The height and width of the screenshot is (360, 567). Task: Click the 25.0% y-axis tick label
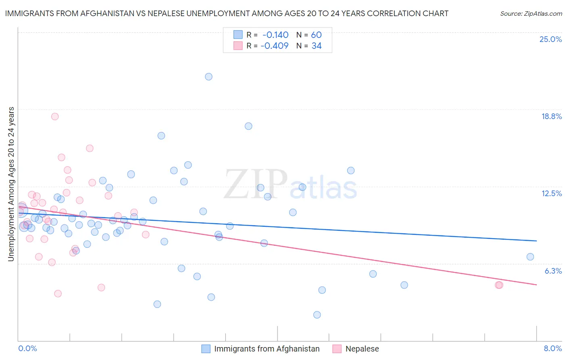(550, 39)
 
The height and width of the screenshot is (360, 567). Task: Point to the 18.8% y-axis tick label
(551, 116)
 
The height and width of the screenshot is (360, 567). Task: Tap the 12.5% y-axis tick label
(551, 193)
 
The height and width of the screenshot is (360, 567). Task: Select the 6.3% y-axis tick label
(553, 271)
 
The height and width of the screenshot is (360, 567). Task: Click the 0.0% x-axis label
(27, 348)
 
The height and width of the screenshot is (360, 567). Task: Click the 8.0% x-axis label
(552, 348)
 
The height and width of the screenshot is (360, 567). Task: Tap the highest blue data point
(208, 77)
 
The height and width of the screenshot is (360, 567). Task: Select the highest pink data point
(55, 117)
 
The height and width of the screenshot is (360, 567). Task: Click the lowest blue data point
(317, 315)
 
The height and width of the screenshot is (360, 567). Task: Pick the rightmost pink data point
(499, 285)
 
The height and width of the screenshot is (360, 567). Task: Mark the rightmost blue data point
(530, 257)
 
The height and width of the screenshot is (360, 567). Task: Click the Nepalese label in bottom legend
(362, 349)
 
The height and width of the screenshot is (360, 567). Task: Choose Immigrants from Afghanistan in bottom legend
(267, 349)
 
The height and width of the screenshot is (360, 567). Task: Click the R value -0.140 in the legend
(275, 35)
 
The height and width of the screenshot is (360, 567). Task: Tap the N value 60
(316, 35)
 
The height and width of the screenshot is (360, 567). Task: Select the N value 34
(316, 46)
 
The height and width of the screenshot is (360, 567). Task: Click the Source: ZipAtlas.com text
(531, 13)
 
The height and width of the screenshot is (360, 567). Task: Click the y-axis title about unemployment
(11, 184)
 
